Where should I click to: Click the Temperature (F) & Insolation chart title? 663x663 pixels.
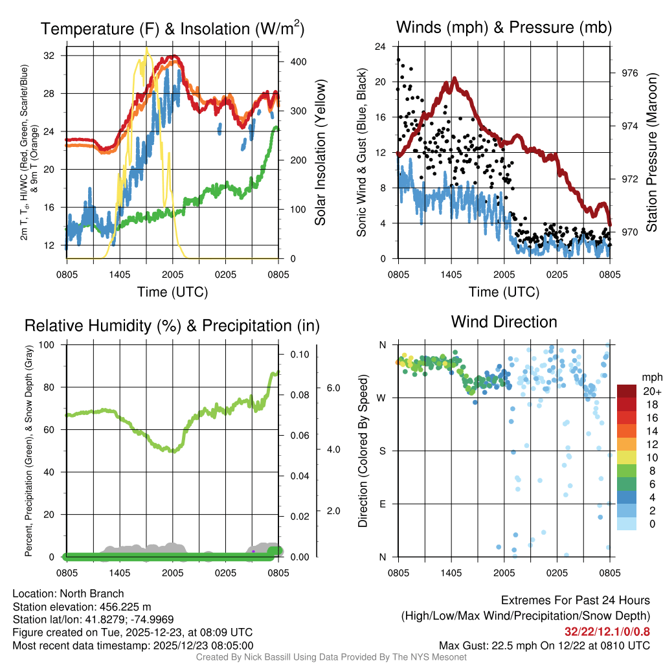click(172, 28)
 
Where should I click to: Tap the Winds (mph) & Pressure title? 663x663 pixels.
click(504, 27)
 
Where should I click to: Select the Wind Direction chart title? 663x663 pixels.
click(504, 322)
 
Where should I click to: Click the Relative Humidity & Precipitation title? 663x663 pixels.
click(172, 325)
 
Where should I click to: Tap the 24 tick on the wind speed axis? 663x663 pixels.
click(381, 47)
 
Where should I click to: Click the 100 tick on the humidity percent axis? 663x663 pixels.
click(48, 344)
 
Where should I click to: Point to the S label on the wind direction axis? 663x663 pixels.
click(383, 451)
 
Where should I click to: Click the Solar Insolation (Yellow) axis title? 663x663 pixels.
click(320, 153)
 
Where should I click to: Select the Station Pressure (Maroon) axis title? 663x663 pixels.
click(651, 153)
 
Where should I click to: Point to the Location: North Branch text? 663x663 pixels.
click(68, 594)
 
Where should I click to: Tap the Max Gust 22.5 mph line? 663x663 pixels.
click(544, 645)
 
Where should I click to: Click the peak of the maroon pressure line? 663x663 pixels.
click(455, 78)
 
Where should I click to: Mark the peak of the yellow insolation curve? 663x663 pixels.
click(146, 49)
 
